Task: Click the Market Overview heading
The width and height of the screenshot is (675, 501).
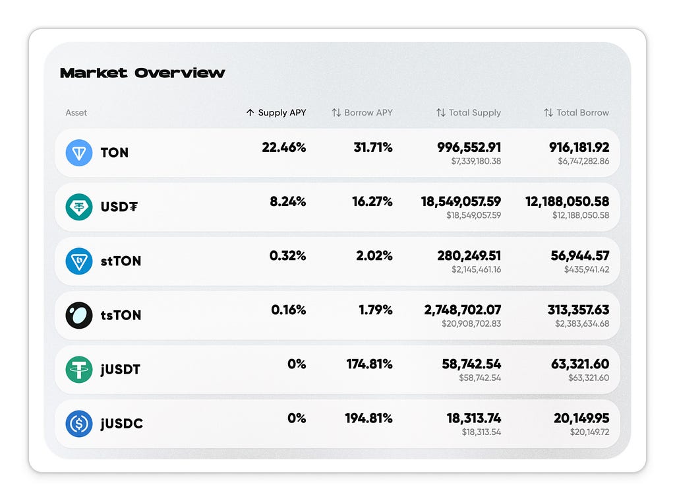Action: pyautogui.click(x=142, y=73)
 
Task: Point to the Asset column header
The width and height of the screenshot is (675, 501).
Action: pyautogui.click(x=76, y=112)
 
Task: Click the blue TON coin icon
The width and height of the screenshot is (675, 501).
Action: pyautogui.click(x=79, y=152)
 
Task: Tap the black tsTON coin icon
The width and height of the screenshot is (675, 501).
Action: pyautogui.click(x=79, y=315)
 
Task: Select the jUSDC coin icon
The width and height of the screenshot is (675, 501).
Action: pyautogui.click(x=79, y=423)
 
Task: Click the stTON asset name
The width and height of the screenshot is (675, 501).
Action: pyautogui.click(x=121, y=261)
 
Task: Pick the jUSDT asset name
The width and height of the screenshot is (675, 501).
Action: pyautogui.click(x=121, y=370)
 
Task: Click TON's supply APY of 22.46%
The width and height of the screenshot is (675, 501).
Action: pyautogui.click(x=284, y=147)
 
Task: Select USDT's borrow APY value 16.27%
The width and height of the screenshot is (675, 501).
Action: pyautogui.click(x=372, y=201)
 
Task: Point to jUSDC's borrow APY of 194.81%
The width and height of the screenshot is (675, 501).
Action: pyautogui.click(x=369, y=418)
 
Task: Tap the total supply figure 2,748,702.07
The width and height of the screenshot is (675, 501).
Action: pyautogui.click(x=463, y=310)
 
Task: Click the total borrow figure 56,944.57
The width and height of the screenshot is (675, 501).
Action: pyautogui.click(x=580, y=255)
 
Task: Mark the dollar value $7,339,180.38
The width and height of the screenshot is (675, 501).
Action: pyautogui.click(x=476, y=161)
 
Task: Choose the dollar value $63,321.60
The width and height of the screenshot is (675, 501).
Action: pyautogui.click(x=589, y=378)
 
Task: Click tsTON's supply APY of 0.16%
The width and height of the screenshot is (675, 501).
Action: pyautogui.click(x=289, y=310)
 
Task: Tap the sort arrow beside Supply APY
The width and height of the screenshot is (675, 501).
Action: pyautogui.click(x=250, y=112)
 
